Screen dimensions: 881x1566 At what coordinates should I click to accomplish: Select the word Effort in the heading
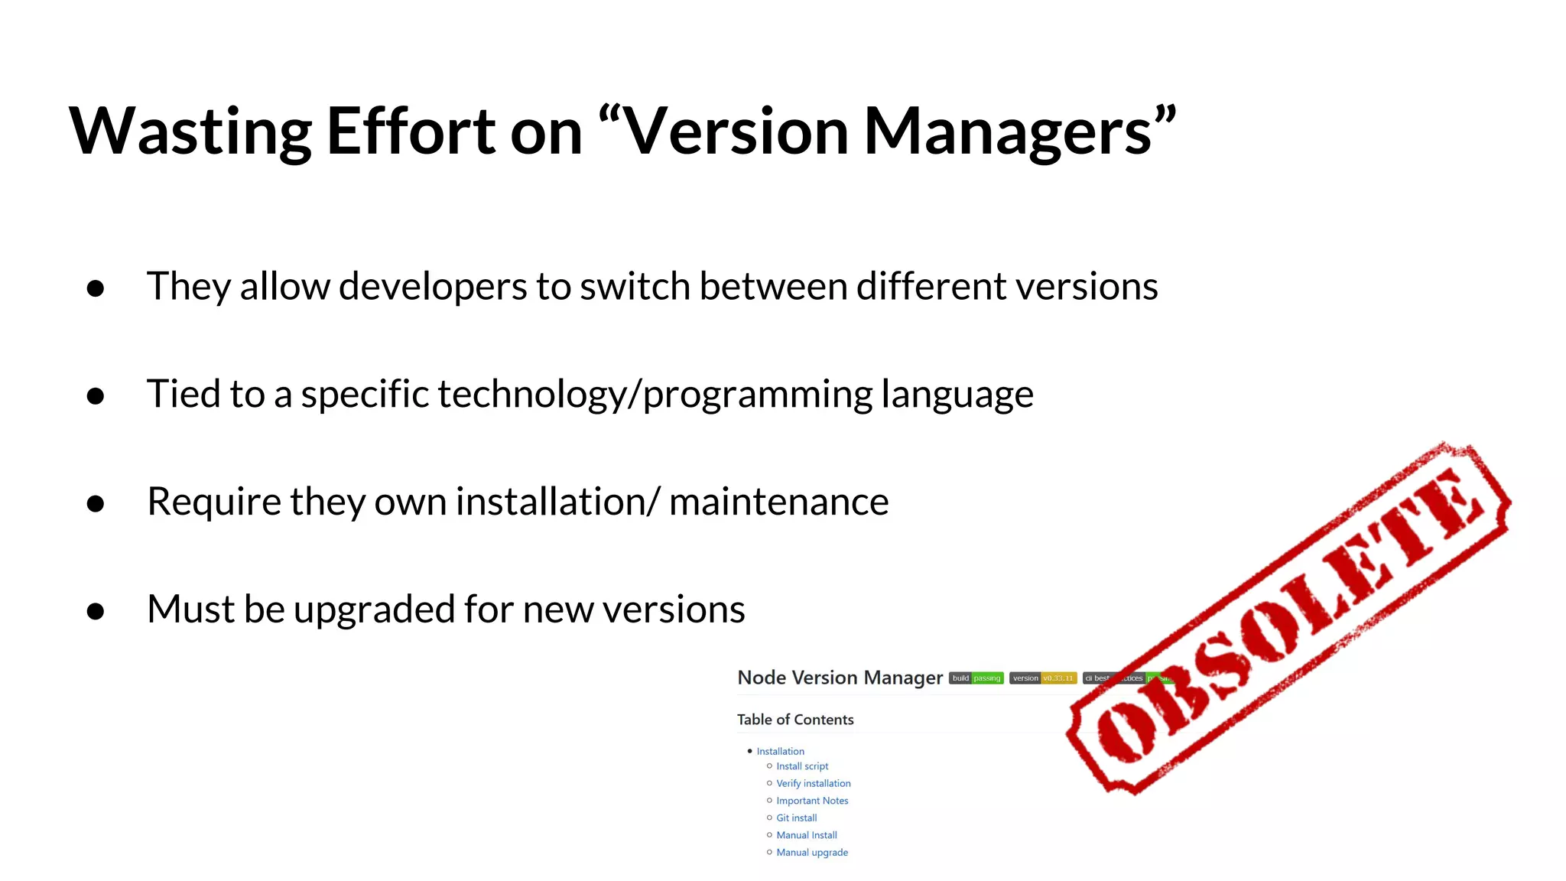[x=411, y=132]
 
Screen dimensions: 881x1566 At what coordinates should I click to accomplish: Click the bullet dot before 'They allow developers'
[x=96, y=288]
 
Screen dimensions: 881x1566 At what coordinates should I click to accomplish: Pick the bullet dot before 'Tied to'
[x=96, y=396]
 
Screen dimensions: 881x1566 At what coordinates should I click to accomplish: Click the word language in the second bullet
[x=957, y=395]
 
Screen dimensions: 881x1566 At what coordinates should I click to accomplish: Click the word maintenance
[x=778, y=502]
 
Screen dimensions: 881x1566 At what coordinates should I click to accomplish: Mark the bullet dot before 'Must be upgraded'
[x=96, y=611]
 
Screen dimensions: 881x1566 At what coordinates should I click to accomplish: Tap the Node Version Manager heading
[x=840, y=678]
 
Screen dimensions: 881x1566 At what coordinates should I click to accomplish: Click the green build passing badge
[x=976, y=678]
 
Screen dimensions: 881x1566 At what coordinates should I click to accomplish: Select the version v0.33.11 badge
[x=1042, y=678]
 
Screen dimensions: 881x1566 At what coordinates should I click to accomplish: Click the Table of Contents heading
[x=795, y=720]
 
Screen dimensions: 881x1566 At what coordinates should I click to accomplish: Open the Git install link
[x=796, y=818]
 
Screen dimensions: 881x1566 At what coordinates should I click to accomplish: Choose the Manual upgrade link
[x=811, y=853]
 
